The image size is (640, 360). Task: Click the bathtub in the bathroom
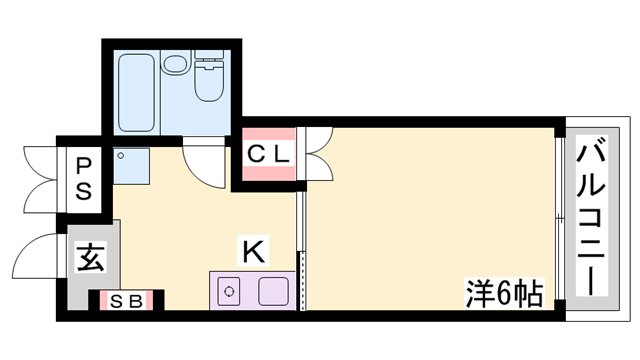coord(136,93)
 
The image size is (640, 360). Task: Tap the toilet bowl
coord(208,80)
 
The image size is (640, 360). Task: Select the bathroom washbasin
coord(175,63)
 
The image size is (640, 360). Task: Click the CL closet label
coord(268,154)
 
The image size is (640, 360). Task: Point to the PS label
coord(84,179)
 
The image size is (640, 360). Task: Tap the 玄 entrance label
coord(90,257)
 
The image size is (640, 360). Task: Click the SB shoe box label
coord(127,301)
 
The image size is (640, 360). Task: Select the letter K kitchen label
coord(253,251)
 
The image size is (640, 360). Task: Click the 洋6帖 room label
coord(504,293)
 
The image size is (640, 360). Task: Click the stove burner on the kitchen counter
coord(229,291)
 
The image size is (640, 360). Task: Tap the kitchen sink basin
coord(273,291)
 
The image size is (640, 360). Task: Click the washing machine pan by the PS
coord(131,166)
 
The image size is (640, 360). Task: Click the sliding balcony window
coord(560,219)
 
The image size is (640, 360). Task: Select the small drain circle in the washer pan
coord(121,156)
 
